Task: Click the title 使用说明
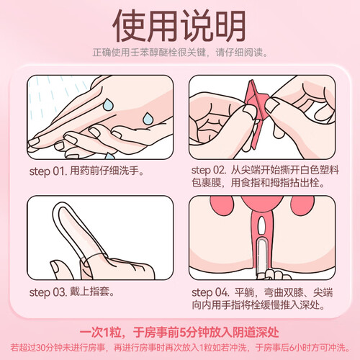pyautogui.click(x=179, y=26)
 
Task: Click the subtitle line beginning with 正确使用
pyautogui.click(x=180, y=53)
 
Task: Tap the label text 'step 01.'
pyautogui.click(x=48, y=171)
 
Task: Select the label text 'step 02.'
pyautogui.click(x=209, y=170)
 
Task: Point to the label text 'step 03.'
pyautogui.click(x=48, y=292)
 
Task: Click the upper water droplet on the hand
pyautogui.click(x=108, y=104)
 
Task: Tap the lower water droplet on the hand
pyautogui.click(x=148, y=118)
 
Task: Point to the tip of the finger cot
pyautogui.click(x=60, y=204)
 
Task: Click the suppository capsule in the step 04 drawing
pyautogui.click(x=261, y=257)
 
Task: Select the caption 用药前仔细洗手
pyautogui.click(x=107, y=171)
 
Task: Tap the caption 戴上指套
pyautogui.click(x=92, y=292)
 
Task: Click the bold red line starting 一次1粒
pyautogui.click(x=179, y=333)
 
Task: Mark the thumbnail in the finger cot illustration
pyautogui.click(x=55, y=266)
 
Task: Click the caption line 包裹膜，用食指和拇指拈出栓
pyautogui.click(x=258, y=183)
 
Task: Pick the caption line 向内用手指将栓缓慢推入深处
pyautogui.click(x=258, y=305)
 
